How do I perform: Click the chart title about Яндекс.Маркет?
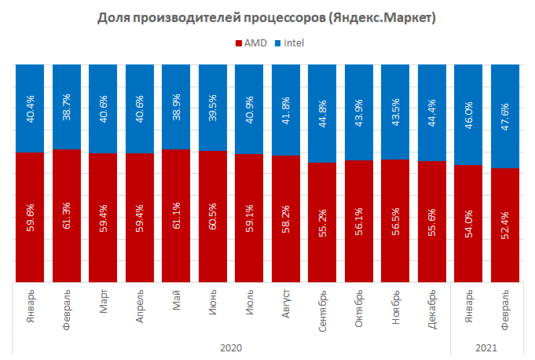pyautogui.click(x=267, y=17)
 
